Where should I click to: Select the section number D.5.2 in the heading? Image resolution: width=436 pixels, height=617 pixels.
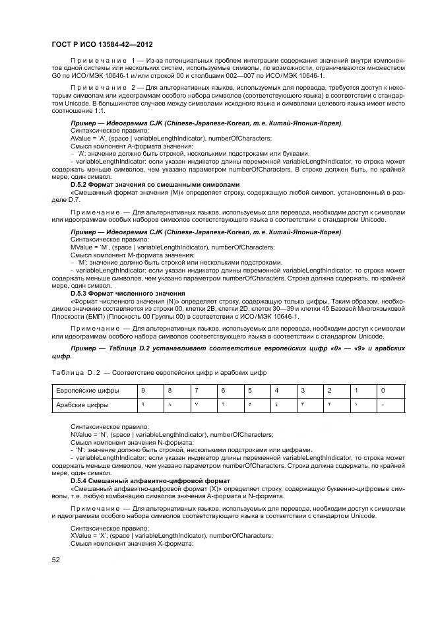tap(80, 184)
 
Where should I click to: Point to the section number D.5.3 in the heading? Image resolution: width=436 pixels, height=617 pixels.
tap(80, 292)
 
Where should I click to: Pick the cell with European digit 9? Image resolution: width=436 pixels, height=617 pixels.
tap(142, 391)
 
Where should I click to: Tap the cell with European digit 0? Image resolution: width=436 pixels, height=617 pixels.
tap(383, 391)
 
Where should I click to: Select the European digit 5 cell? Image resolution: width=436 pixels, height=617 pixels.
tap(249, 391)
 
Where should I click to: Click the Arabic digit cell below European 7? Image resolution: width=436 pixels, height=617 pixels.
tap(196, 405)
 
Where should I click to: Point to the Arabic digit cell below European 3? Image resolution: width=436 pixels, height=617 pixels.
tap(303, 405)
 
